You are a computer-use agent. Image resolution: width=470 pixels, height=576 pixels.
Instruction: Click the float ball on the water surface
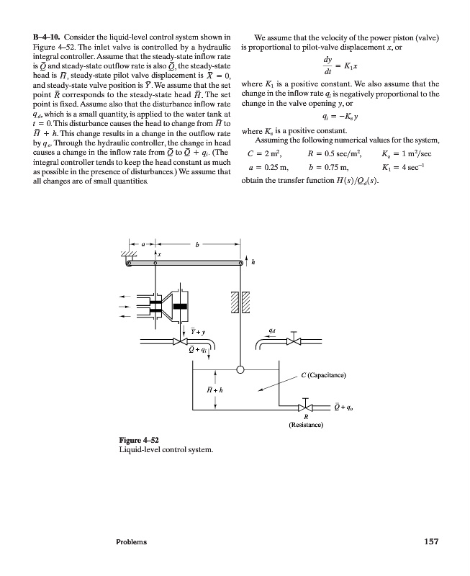click(240, 370)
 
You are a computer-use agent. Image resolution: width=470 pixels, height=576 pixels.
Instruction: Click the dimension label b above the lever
click(196, 245)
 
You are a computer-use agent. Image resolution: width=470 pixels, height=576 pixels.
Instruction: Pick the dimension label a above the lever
click(143, 245)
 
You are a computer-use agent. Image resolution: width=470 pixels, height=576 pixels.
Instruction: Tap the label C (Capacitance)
click(324, 376)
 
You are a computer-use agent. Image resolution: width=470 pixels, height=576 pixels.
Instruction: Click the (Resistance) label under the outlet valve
click(306, 426)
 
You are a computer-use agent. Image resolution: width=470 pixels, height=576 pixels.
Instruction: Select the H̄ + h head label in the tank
click(214, 389)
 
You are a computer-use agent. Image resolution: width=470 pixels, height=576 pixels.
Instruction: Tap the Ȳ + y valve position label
click(199, 331)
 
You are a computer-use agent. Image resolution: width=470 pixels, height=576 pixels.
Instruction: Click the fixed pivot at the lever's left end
click(130, 264)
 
